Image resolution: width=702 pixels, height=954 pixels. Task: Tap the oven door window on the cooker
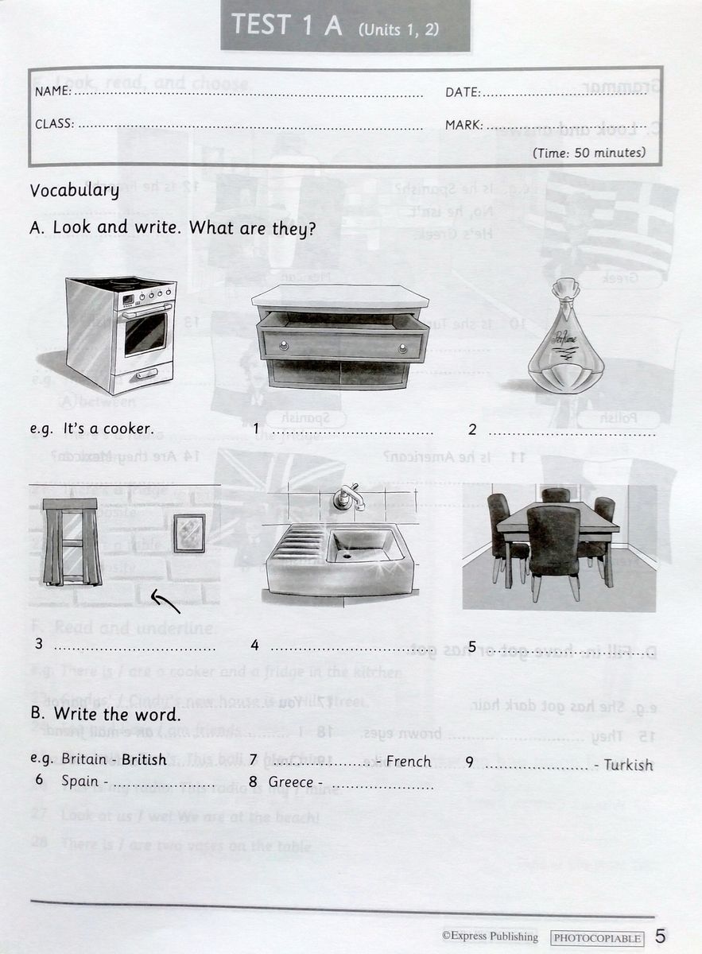[x=145, y=333]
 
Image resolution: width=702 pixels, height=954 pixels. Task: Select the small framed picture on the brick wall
[x=189, y=533]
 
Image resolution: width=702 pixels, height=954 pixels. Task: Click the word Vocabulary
[x=74, y=191]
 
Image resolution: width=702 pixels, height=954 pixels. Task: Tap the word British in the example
[x=144, y=759]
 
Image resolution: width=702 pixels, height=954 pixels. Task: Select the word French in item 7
[x=408, y=762]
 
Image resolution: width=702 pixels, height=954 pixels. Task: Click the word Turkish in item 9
[x=628, y=765]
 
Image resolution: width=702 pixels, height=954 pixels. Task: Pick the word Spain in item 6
[x=80, y=781]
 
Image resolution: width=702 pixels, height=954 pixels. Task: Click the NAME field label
[x=52, y=92]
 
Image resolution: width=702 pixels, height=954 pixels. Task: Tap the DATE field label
[x=462, y=93]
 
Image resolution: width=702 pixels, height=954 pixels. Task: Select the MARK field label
[x=463, y=125]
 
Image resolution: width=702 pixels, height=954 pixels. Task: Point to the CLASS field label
[x=54, y=124]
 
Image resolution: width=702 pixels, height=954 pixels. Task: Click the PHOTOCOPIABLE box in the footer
[x=597, y=938]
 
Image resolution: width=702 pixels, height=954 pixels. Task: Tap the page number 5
[x=661, y=937]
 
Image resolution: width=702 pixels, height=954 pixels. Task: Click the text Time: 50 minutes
[x=589, y=152]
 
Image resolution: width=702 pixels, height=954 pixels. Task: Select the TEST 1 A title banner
[x=345, y=25]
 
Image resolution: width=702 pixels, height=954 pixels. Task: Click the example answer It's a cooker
[x=107, y=429]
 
